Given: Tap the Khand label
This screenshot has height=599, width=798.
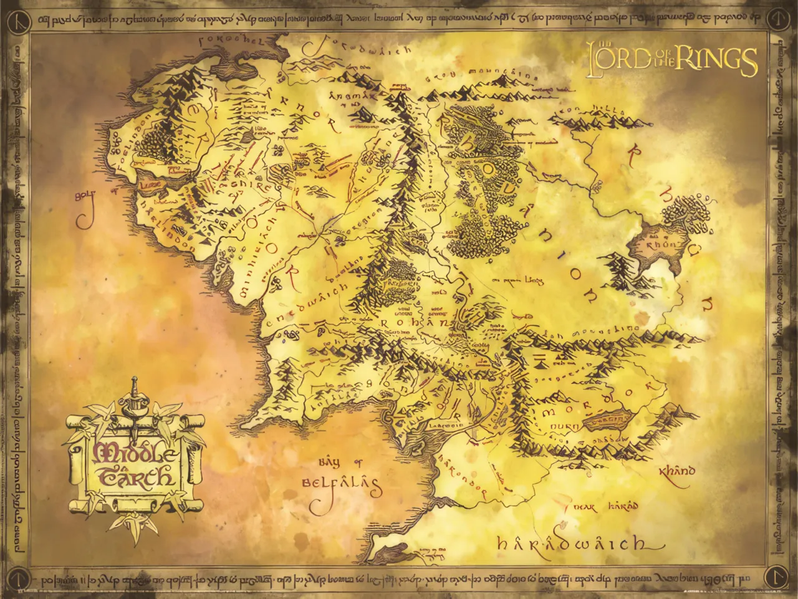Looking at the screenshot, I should [x=677, y=471].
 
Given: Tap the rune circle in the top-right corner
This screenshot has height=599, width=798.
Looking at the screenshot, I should [x=778, y=19].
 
